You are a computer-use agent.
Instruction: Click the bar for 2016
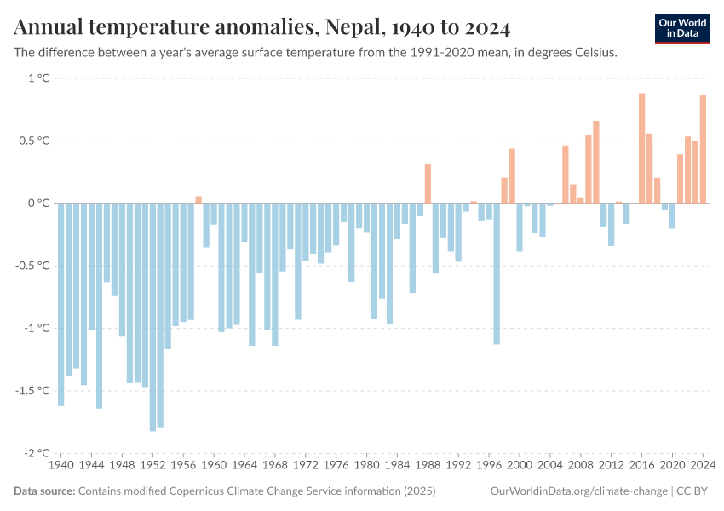click(x=641, y=148)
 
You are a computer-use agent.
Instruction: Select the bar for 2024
click(x=703, y=149)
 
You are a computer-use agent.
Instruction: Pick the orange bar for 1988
click(x=428, y=183)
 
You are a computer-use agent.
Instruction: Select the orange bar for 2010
click(x=595, y=162)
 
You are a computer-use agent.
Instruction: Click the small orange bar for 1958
click(x=198, y=199)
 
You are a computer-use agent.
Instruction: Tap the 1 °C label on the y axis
click(x=39, y=78)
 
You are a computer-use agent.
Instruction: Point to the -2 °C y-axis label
click(x=37, y=453)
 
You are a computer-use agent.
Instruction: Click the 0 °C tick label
click(x=39, y=204)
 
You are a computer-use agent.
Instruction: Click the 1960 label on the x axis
click(x=214, y=466)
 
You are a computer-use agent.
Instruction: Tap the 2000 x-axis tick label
click(x=520, y=466)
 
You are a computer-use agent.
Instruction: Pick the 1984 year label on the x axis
click(x=397, y=466)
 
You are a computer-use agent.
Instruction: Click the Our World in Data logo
click(x=682, y=28)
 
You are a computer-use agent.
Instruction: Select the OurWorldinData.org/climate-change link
click(x=578, y=491)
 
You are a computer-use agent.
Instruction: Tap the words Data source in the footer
click(x=44, y=491)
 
